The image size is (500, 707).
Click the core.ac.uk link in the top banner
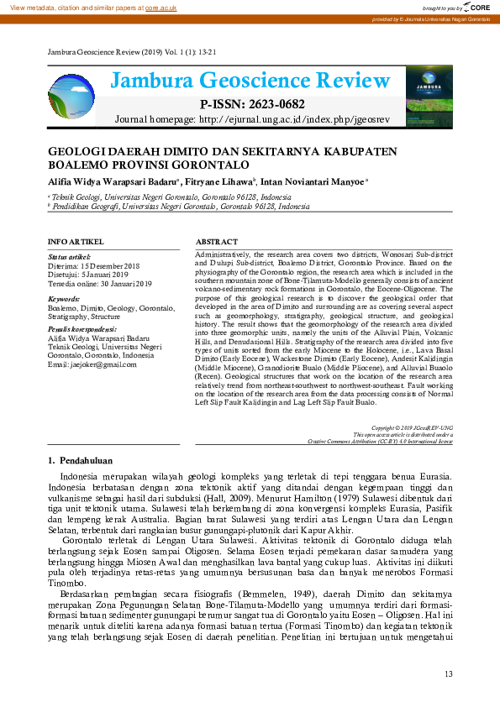(x=161, y=7)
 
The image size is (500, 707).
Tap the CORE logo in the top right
(x=476, y=7)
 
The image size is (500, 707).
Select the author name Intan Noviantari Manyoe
(x=313, y=181)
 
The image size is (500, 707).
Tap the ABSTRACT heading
(x=216, y=241)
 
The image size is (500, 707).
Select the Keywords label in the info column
(x=64, y=298)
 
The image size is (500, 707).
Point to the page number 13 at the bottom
(x=448, y=673)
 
